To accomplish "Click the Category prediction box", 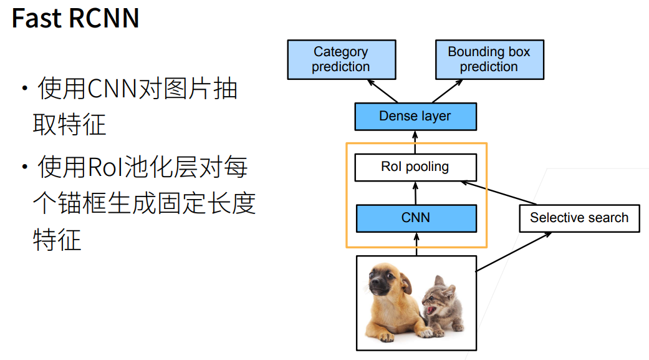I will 341,59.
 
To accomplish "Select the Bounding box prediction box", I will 489,59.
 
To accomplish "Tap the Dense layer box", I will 415,116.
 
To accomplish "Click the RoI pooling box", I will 415,167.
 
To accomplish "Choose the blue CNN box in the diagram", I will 415,218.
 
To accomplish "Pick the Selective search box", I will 579,218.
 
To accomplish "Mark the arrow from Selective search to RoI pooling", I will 499,193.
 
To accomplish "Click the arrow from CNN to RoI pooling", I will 415,193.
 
